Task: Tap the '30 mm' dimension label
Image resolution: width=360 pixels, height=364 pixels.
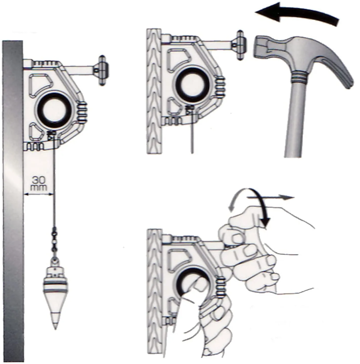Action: pos(38,183)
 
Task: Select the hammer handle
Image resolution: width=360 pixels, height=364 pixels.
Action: pos(297,123)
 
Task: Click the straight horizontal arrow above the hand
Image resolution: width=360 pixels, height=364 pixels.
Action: pos(270,198)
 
